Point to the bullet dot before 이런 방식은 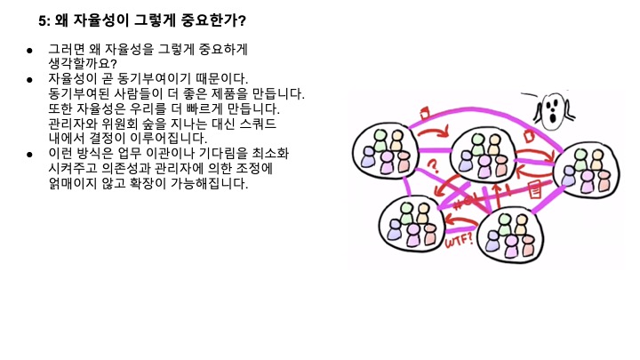pos(29,155)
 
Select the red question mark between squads pos(434,166)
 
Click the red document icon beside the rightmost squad pos(536,189)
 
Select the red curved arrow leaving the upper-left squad pos(433,133)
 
